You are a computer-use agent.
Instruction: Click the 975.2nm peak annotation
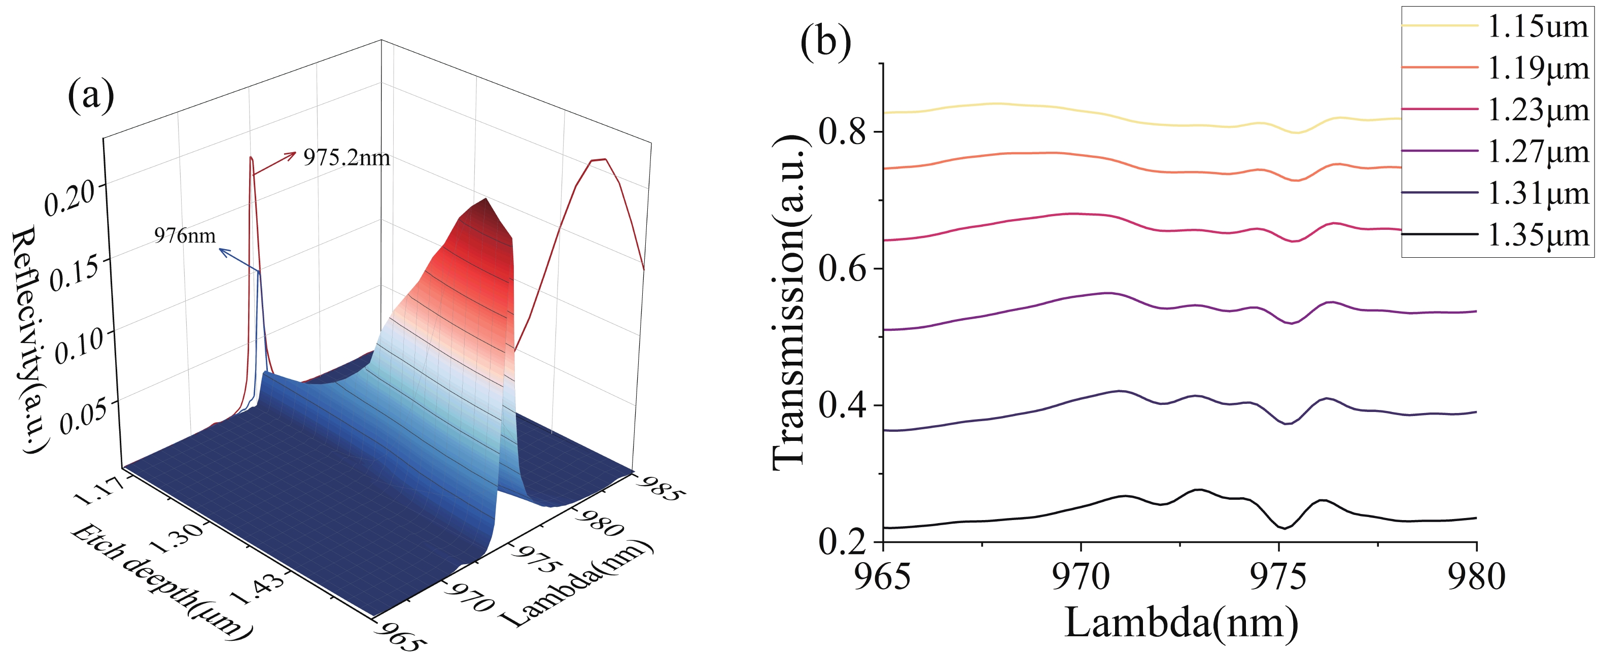click(x=346, y=158)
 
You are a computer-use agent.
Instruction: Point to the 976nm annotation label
click(x=185, y=236)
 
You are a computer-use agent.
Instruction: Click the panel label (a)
click(x=91, y=96)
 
